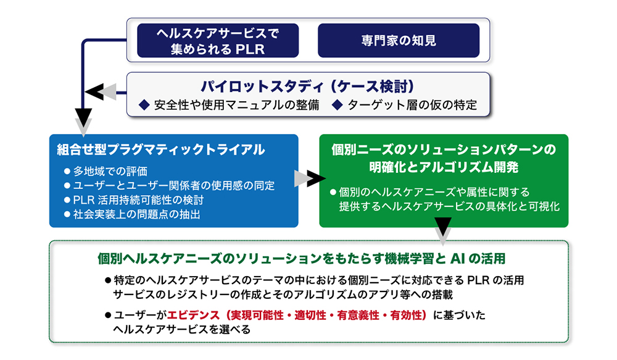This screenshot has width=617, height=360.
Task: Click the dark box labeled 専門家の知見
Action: click(399, 41)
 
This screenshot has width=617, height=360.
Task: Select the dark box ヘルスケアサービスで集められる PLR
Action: click(217, 41)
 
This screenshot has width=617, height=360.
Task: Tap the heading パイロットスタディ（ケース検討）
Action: click(307, 85)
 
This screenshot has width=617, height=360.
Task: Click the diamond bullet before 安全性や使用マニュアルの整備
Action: click(144, 105)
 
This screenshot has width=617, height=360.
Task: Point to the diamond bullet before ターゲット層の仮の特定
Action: click(337, 105)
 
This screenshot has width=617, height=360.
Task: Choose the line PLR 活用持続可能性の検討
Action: click(138, 200)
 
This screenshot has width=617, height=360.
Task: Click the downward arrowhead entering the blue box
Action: click(84, 118)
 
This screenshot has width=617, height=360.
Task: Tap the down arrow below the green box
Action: click(443, 234)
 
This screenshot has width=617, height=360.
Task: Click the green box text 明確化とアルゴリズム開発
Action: click(443, 167)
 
